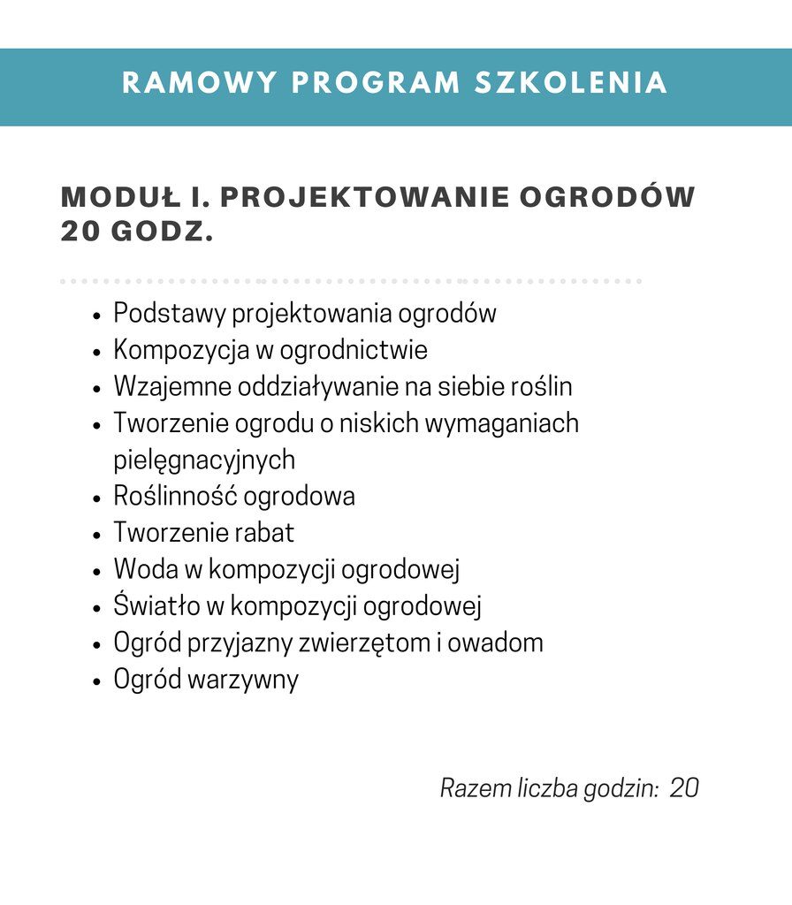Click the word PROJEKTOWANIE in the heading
click(x=364, y=197)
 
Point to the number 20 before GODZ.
click(x=80, y=232)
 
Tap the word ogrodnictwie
click(x=354, y=351)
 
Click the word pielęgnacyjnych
click(x=204, y=460)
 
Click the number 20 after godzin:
click(x=684, y=788)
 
